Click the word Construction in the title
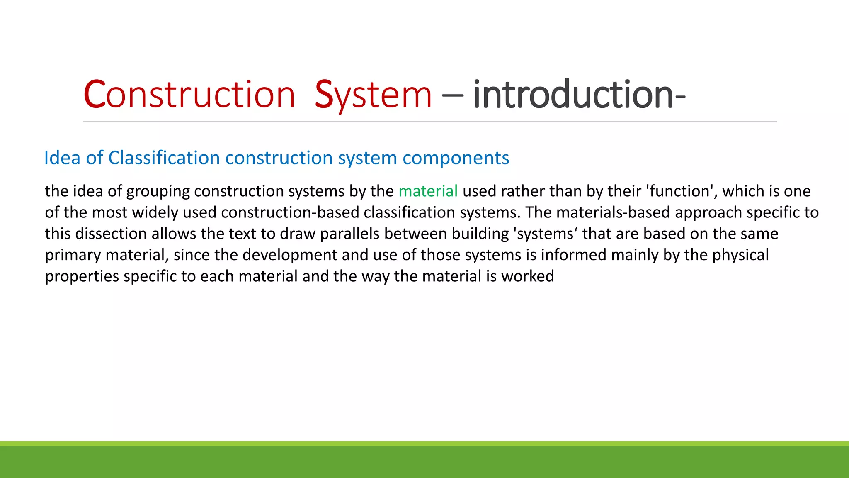[189, 95]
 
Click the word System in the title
[373, 95]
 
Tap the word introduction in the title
[574, 95]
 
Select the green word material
[428, 191]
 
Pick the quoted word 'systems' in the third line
[545, 234]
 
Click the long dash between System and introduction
[452, 95]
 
